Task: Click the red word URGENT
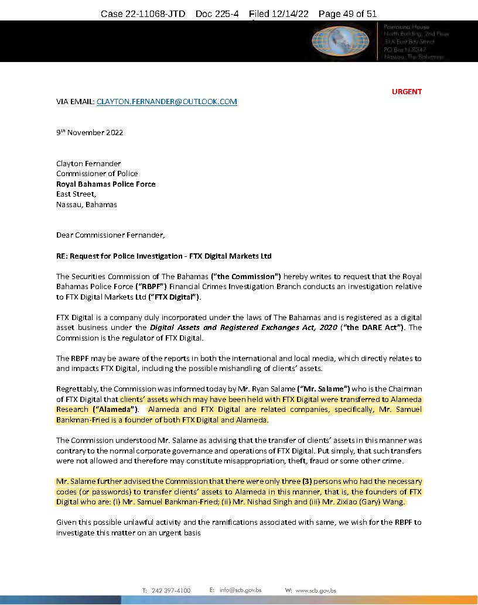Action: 407,91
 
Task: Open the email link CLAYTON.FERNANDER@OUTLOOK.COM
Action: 166,101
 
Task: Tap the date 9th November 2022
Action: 90,132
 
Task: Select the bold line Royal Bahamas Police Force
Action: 105,184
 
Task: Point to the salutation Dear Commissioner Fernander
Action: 111,235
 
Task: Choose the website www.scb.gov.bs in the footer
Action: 316,590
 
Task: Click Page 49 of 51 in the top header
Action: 347,13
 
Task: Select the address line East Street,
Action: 76,194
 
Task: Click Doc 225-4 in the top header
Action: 217,13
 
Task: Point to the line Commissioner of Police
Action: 97,173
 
